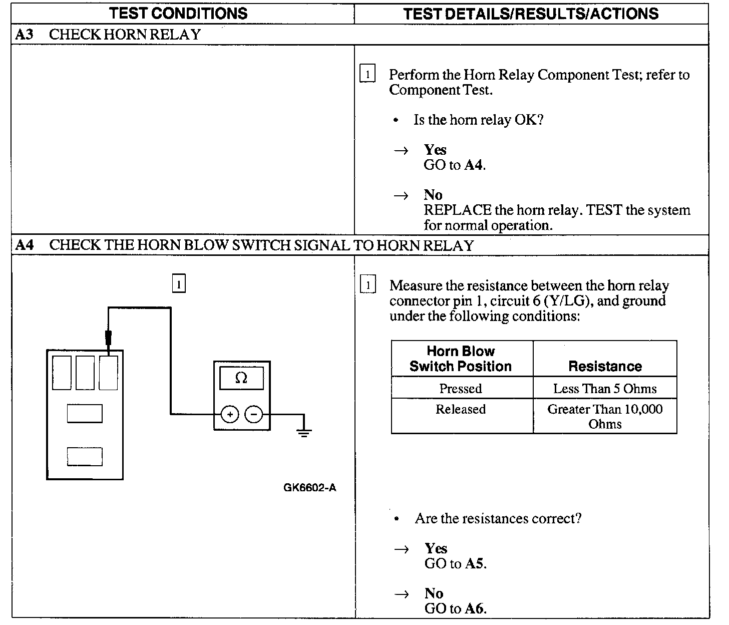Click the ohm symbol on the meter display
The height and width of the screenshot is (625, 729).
(241, 379)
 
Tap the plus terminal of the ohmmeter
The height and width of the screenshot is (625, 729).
(230, 415)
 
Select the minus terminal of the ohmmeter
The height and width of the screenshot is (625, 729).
(254, 415)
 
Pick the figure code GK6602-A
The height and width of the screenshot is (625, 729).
(309, 488)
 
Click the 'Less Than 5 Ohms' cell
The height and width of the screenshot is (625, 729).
(605, 389)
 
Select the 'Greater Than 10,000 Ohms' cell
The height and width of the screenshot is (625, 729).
(605, 416)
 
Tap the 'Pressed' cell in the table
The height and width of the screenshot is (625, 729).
(461, 389)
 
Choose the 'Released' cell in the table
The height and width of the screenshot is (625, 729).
(461, 409)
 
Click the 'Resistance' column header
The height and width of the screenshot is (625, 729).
(605, 366)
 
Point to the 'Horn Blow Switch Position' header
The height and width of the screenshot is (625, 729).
(461, 359)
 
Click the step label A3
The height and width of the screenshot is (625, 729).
(25, 35)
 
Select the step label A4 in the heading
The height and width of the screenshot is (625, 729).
(25, 245)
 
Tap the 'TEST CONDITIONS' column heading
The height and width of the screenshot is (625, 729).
(178, 13)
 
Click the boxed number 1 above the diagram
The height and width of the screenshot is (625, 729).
(179, 284)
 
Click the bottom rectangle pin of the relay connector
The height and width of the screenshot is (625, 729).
(85, 456)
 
